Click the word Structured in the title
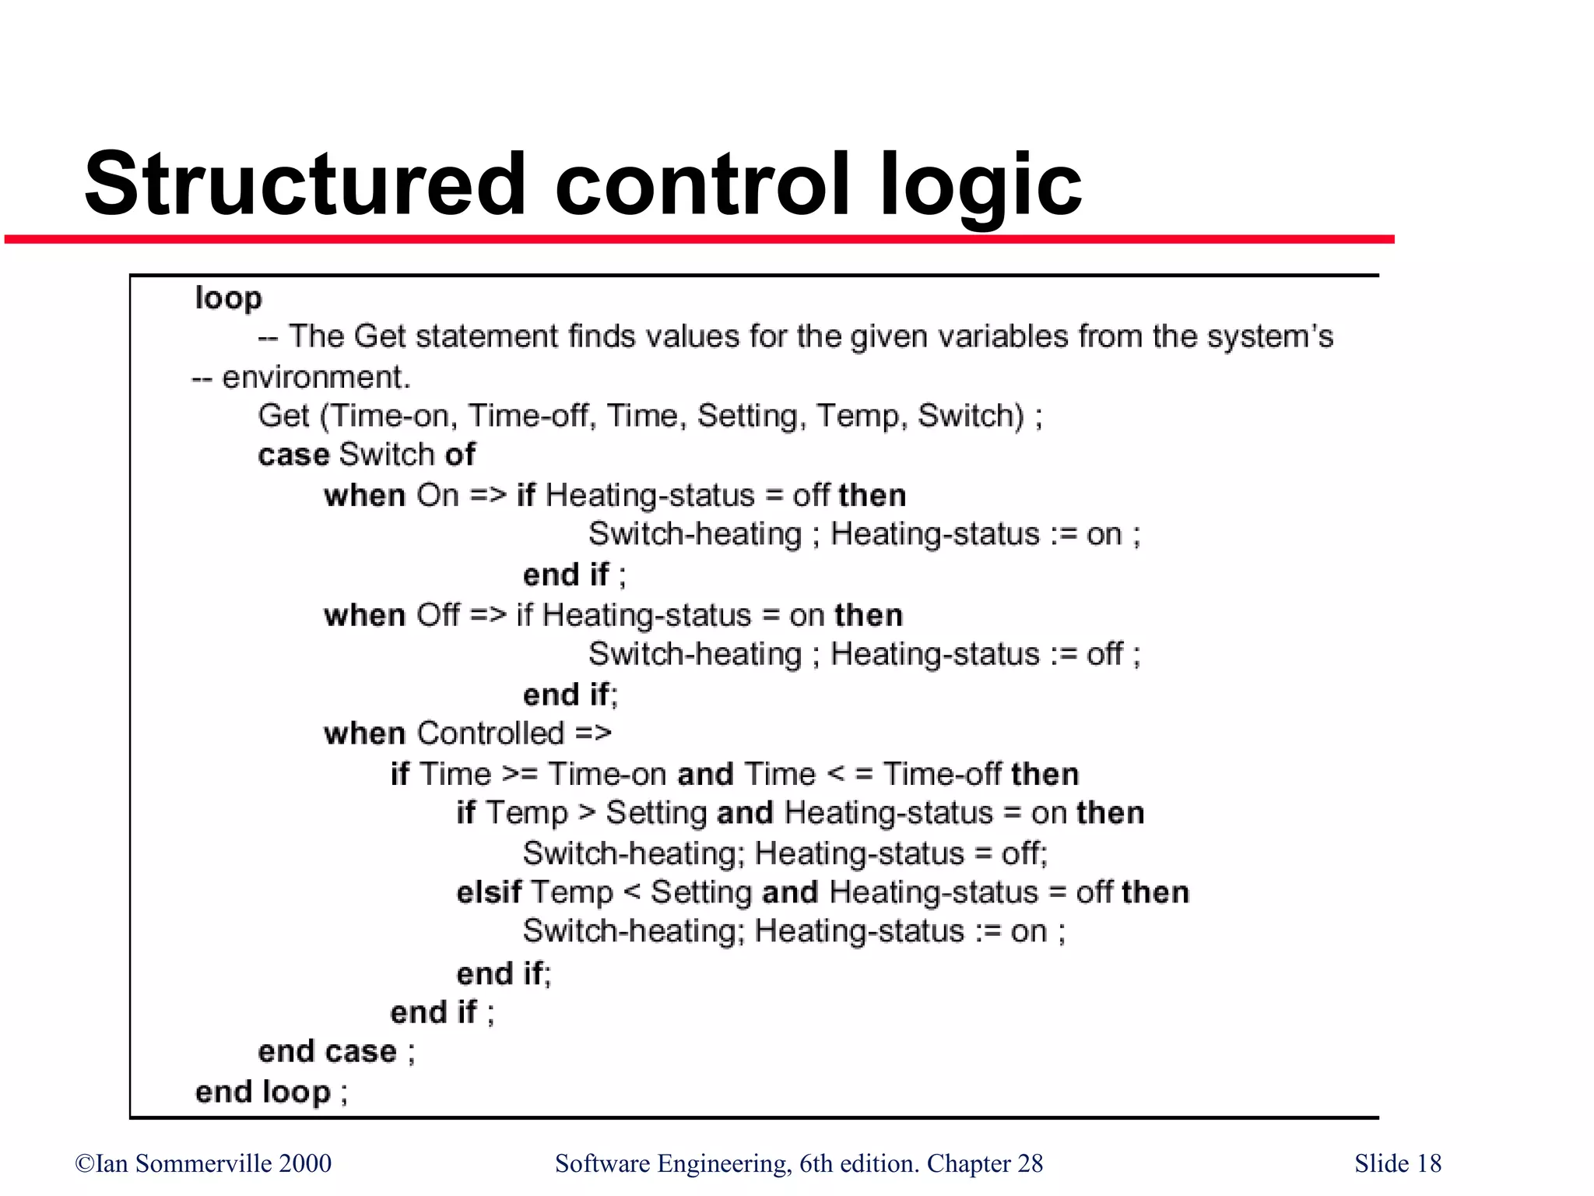[x=305, y=184]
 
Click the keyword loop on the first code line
[x=228, y=298]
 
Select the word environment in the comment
[x=315, y=377]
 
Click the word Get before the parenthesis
[x=284, y=416]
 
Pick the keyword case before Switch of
[x=293, y=455]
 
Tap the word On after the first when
[x=437, y=495]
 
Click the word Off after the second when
[x=438, y=615]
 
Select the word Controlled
[x=490, y=733]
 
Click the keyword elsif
[x=489, y=892]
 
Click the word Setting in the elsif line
[x=701, y=892]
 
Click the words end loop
[x=263, y=1092]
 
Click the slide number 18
[x=1429, y=1163]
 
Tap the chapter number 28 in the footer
[x=1030, y=1163]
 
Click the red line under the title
[x=700, y=239]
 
